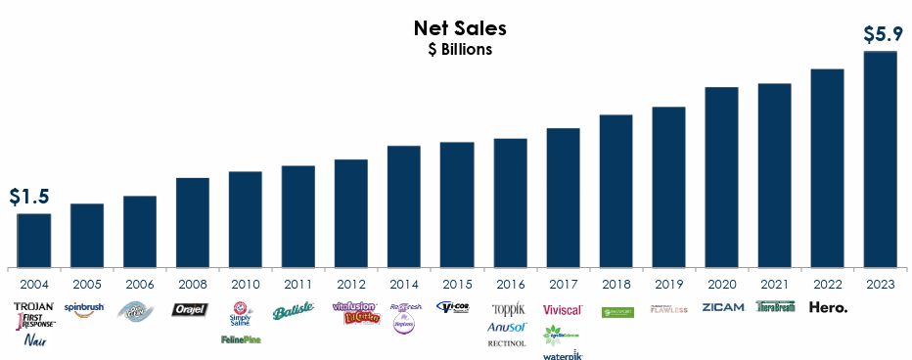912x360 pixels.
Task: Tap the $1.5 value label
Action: (x=29, y=197)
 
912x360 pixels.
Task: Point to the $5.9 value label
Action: (x=882, y=35)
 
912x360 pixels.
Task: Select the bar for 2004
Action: (x=34, y=240)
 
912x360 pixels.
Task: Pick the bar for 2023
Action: (x=880, y=158)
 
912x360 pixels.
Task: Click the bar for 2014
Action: (x=404, y=205)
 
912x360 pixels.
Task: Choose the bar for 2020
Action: (x=721, y=176)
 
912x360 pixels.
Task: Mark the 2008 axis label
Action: (x=193, y=285)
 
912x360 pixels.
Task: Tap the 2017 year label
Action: (x=563, y=285)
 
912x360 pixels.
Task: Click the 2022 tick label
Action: (x=827, y=285)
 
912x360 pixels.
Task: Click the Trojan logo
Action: (x=34, y=306)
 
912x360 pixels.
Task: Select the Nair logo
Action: (x=35, y=340)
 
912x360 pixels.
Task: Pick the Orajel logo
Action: (x=190, y=309)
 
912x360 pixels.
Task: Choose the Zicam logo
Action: (x=722, y=308)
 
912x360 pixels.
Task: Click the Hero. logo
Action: (x=828, y=308)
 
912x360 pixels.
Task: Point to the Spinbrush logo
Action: (x=85, y=307)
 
